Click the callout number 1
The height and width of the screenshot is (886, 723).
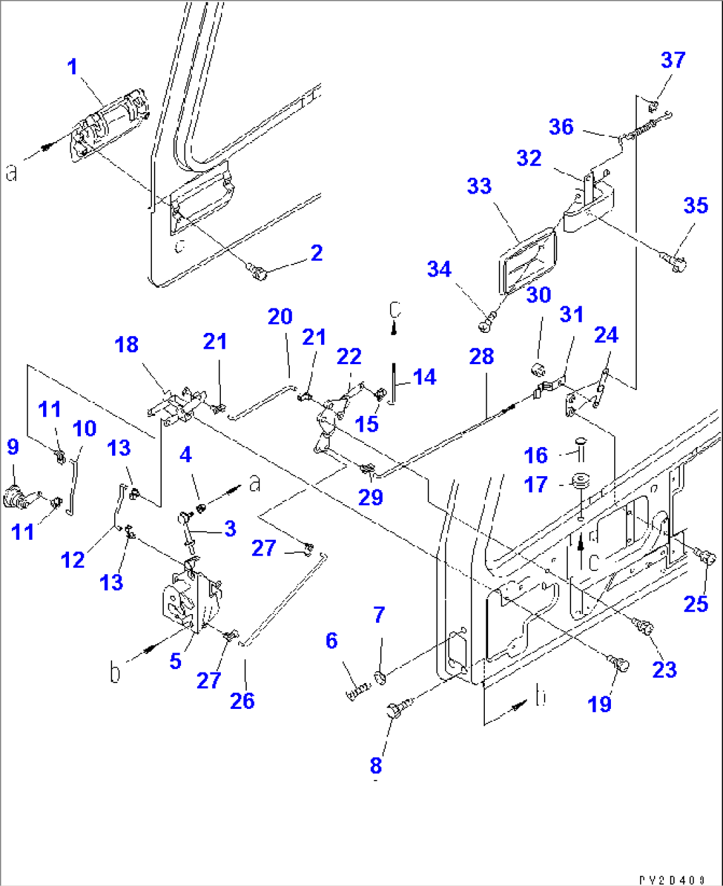tap(72, 67)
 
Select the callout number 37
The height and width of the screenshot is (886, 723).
tap(673, 60)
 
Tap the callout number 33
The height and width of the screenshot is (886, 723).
tap(479, 186)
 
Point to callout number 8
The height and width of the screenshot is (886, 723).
tap(375, 765)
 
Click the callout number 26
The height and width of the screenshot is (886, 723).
tap(242, 700)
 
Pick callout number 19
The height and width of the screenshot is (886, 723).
tap(600, 704)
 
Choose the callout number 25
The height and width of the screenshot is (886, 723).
tap(696, 603)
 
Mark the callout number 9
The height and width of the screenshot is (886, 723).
tap(13, 447)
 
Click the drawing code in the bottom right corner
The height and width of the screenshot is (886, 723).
tap(672, 879)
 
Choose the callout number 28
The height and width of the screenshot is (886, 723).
tap(482, 356)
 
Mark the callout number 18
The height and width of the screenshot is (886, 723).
tap(126, 345)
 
